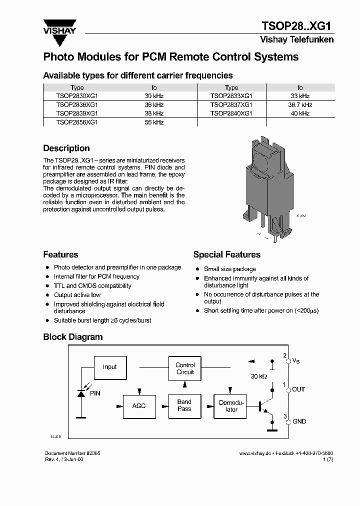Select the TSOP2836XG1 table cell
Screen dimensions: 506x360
click(77, 105)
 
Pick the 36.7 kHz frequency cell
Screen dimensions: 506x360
click(299, 105)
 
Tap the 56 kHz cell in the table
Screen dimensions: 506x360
click(154, 122)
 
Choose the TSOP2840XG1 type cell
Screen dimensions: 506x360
click(231, 113)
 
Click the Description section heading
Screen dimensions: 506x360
click(66, 148)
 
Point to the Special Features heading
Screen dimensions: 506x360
click(226, 255)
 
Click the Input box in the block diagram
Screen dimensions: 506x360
click(109, 367)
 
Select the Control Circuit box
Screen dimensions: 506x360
click(185, 368)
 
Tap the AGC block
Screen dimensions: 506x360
click(139, 405)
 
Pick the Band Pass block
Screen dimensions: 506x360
click(184, 405)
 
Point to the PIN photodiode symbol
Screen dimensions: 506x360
click(81, 393)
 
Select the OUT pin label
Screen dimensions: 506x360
click(298, 389)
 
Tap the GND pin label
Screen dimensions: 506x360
click(299, 421)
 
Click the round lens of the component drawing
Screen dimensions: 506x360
click(260, 164)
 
